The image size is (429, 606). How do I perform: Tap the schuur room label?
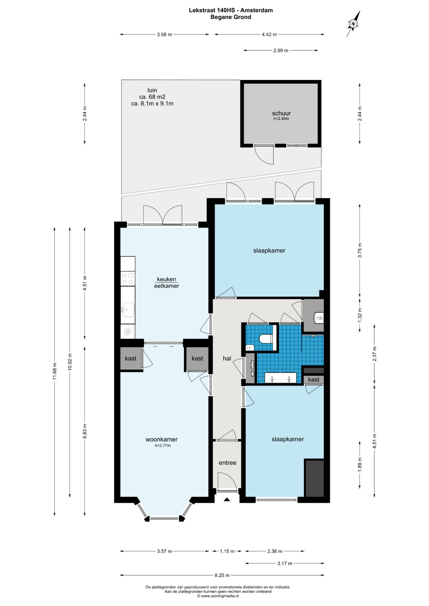[281, 113]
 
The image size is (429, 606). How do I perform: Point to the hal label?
[227, 358]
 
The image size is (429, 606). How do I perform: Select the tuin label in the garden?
[152, 90]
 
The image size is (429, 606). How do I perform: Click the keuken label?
[166, 279]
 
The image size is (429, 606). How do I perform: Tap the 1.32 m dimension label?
[359, 315]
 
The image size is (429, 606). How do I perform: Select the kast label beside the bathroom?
[313, 379]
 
